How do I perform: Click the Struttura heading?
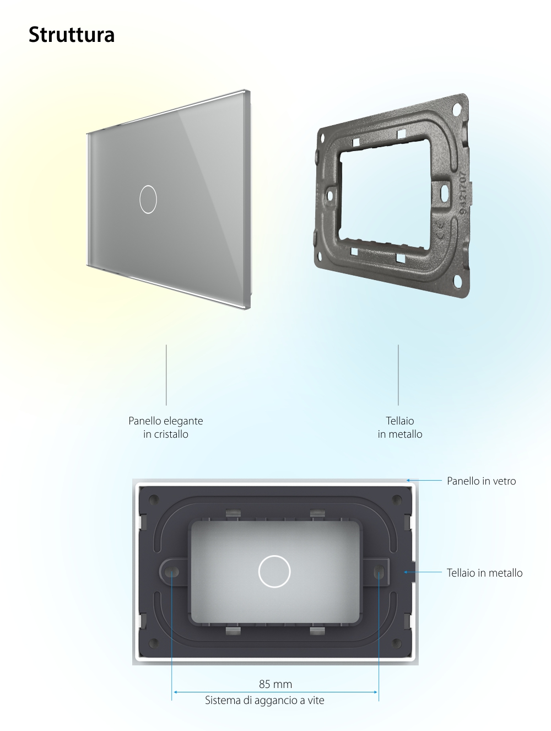click(x=72, y=35)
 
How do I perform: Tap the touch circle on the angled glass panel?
click(x=148, y=199)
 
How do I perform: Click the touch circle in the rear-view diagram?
click(x=274, y=571)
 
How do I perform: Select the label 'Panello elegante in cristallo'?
click(x=166, y=427)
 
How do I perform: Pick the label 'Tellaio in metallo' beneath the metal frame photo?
click(x=400, y=427)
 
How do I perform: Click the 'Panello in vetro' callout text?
click(x=481, y=481)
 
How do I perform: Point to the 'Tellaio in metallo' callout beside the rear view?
click(x=484, y=573)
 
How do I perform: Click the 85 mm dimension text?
click(x=275, y=684)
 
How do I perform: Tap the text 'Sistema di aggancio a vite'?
click(x=264, y=701)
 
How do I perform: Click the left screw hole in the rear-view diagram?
click(x=172, y=572)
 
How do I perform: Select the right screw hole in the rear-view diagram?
click(x=379, y=572)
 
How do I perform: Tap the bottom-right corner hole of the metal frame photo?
click(x=458, y=281)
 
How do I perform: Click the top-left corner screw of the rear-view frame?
click(x=154, y=499)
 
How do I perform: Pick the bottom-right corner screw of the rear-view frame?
click(x=396, y=643)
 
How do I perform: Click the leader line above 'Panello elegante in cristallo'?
click(x=166, y=375)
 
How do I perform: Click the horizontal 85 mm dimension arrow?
click(x=275, y=692)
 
